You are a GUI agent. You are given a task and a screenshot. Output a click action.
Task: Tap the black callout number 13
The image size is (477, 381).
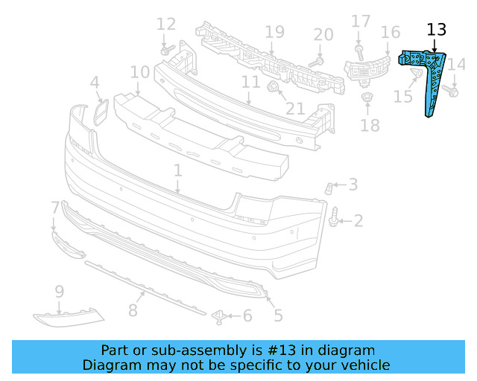[436, 30]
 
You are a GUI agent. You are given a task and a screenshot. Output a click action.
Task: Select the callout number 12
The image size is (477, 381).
[166, 24]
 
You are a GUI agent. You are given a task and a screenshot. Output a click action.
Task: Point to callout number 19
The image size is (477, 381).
[275, 32]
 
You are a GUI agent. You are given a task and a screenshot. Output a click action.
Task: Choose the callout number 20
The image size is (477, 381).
[323, 34]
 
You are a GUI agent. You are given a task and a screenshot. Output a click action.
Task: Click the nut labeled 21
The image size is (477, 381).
[274, 89]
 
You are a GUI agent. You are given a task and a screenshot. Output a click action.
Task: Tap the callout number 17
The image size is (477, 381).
[361, 21]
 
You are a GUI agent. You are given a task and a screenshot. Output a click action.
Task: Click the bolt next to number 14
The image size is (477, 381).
[449, 91]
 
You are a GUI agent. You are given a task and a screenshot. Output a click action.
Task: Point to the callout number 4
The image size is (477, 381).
[95, 82]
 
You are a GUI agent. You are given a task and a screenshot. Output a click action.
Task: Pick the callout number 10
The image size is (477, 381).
[139, 72]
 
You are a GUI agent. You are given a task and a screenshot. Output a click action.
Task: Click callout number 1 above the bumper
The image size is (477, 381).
[178, 171]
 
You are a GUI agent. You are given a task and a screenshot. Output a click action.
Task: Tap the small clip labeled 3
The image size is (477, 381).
[329, 187]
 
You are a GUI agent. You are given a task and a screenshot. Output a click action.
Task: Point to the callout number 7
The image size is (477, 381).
[55, 206]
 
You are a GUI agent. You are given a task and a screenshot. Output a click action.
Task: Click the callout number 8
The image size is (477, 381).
[133, 307]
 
